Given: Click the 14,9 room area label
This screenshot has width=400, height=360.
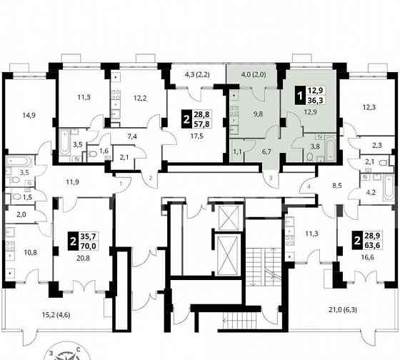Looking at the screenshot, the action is (29, 115).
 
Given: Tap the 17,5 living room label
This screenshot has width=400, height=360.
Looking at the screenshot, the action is (197, 136).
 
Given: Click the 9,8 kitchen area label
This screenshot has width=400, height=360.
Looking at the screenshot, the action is (258, 114).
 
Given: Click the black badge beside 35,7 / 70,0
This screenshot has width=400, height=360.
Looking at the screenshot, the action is (73, 241).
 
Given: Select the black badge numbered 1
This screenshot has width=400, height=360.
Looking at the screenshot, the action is (300, 96).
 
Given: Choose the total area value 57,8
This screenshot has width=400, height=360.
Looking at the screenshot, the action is (201, 124).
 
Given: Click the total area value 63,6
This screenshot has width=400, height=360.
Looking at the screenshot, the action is (372, 245).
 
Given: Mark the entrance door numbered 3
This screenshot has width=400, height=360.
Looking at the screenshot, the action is (271, 179).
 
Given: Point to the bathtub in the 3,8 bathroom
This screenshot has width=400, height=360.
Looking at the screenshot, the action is (330, 149).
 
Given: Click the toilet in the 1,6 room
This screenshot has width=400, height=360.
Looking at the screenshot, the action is (92, 154).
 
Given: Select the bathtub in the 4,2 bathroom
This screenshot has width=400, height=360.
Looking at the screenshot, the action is (389, 187).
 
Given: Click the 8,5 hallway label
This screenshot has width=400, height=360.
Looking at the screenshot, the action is (337, 186).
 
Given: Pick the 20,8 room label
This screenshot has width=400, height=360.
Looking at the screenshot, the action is (83, 258).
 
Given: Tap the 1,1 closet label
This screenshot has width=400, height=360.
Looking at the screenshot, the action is (237, 152).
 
